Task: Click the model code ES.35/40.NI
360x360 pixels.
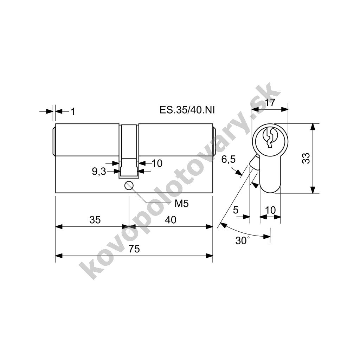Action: [x=187, y=110]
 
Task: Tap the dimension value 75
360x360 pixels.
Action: [x=134, y=249]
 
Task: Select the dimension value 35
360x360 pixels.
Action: [x=95, y=220]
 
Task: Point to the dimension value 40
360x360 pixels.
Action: [x=171, y=220]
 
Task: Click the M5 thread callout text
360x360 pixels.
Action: [x=182, y=204]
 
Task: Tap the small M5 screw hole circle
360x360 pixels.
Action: [x=129, y=185]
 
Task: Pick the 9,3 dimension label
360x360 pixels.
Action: [x=99, y=171]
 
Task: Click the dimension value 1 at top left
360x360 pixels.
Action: [x=73, y=112]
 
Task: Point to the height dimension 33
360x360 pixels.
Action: [x=306, y=158]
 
